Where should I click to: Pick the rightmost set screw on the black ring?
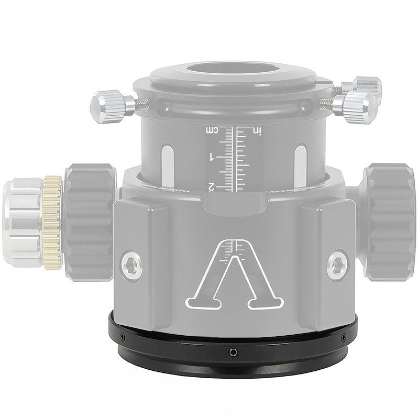pos(343,337)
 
